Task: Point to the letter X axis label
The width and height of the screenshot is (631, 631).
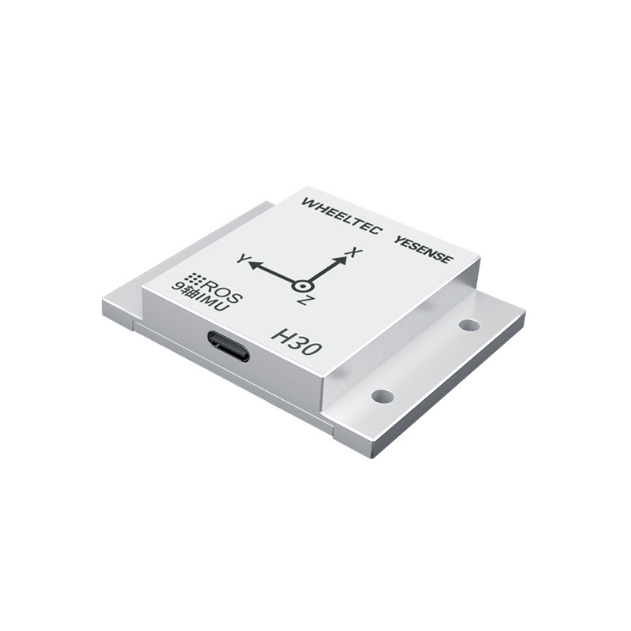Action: pyautogui.click(x=356, y=253)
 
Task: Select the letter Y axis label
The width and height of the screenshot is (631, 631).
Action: pyautogui.click(x=242, y=259)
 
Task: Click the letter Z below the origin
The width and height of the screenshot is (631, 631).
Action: pyautogui.click(x=303, y=301)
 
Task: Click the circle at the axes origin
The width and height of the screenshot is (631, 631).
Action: pyautogui.click(x=303, y=286)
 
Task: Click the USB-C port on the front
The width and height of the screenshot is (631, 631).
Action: pyautogui.click(x=229, y=346)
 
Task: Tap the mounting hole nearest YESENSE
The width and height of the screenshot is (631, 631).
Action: pyautogui.click(x=469, y=324)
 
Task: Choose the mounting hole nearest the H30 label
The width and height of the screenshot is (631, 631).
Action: pyautogui.click(x=383, y=395)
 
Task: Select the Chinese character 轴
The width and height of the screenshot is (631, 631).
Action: pyautogui.click(x=190, y=293)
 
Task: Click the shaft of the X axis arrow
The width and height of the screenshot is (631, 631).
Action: pyautogui.click(x=323, y=271)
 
